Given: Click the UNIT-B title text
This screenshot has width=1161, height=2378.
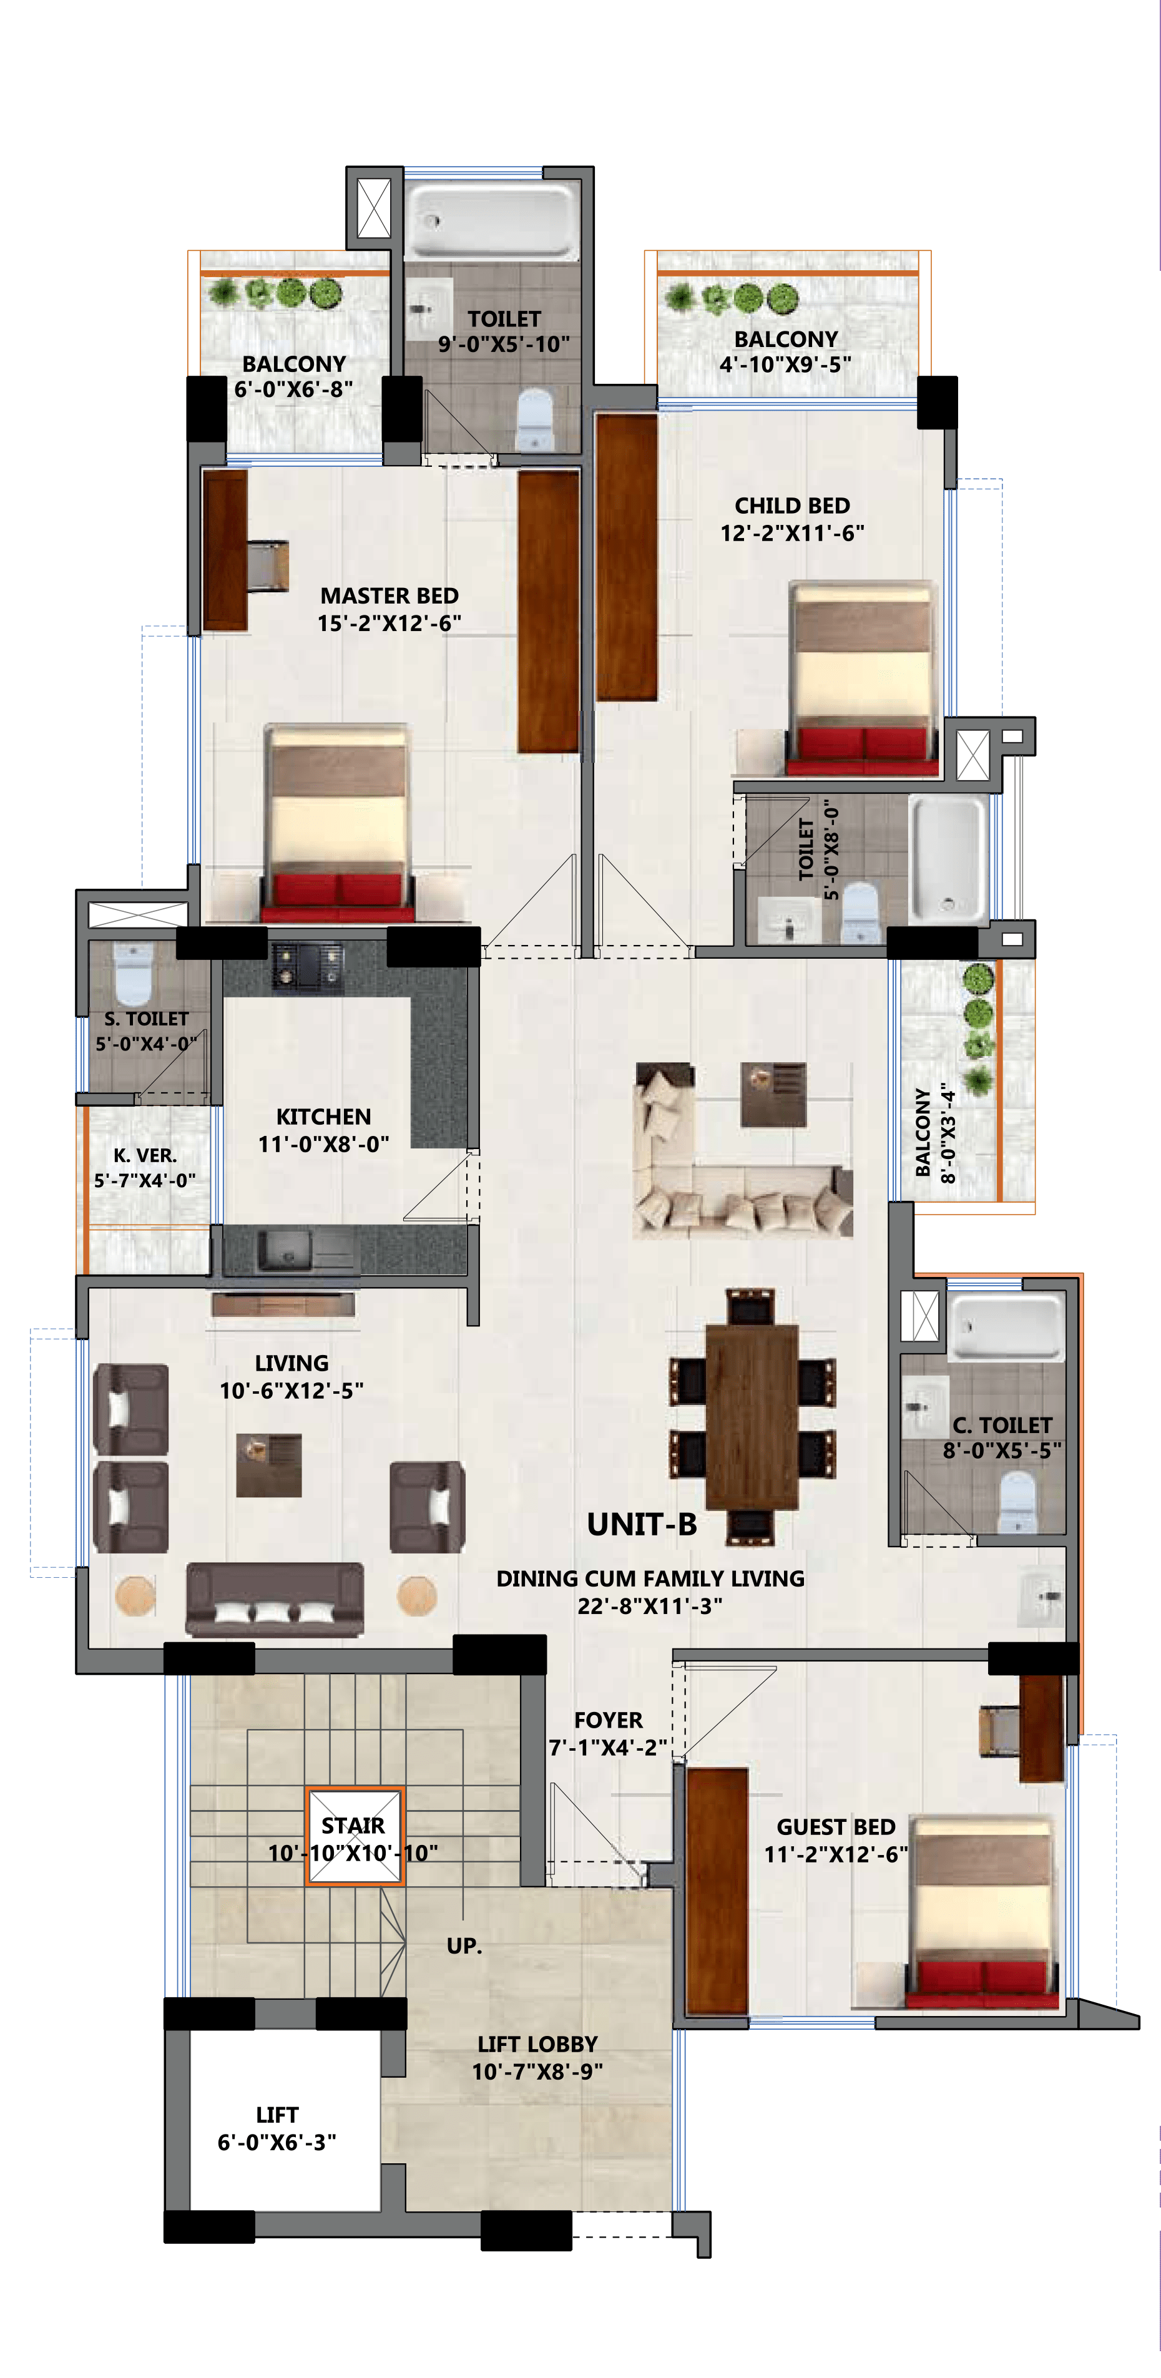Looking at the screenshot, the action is [642, 1525].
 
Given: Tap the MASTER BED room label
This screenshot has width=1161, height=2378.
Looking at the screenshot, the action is [389, 595].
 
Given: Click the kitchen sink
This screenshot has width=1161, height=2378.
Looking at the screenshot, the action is [287, 1252].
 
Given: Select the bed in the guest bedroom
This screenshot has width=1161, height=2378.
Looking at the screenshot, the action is [982, 1911].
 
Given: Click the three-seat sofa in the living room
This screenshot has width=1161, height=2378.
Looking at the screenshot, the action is [275, 1599].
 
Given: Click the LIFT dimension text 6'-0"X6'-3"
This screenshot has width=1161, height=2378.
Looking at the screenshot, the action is [277, 2141].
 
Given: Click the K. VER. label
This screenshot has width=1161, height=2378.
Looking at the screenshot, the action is [145, 1155].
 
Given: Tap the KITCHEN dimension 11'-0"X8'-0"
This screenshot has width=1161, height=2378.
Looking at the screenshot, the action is [324, 1144].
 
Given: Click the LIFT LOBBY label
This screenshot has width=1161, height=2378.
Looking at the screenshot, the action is [537, 2045].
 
